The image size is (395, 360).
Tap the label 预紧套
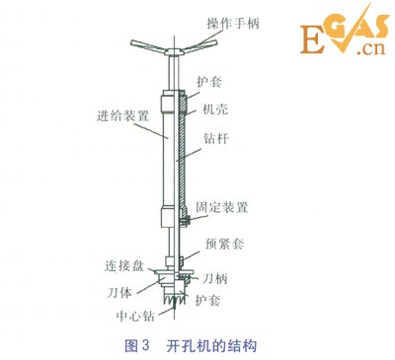coord(220,241)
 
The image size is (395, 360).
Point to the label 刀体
coord(120,293)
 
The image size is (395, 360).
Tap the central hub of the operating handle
coord(174,47)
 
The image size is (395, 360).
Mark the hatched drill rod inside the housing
coord(182,148)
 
